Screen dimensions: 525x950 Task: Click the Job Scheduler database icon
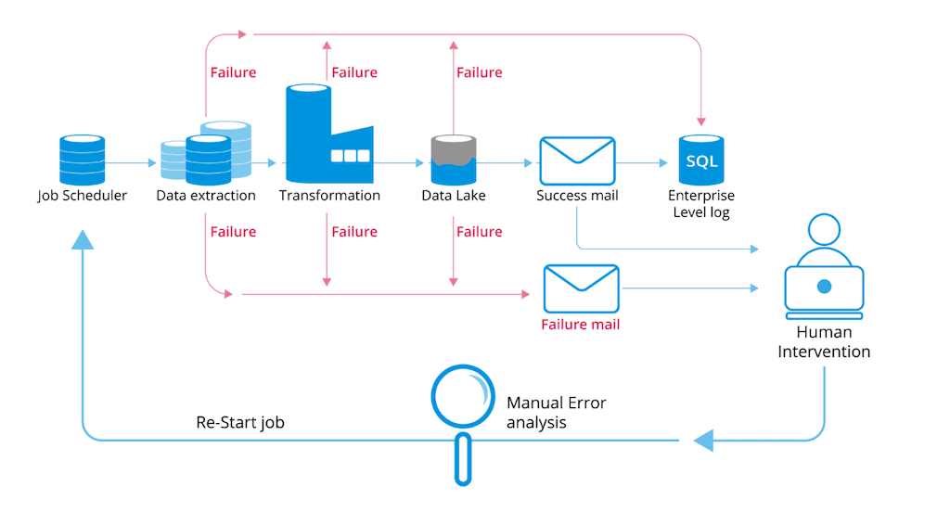point(83,160)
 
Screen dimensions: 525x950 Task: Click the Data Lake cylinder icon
point(453,160)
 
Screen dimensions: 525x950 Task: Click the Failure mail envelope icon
point(581,288)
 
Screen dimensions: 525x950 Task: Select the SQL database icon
point(700,160)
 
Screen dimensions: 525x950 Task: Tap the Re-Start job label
point(240,422)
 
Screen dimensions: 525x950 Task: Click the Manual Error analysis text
point(556,412)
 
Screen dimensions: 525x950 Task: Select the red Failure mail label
point(581,325)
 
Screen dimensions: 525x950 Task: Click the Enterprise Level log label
point(700,204)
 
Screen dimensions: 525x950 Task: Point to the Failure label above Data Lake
point(479,72)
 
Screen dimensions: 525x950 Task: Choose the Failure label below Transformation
point(354,232)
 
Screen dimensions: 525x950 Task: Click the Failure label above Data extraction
point(233,72)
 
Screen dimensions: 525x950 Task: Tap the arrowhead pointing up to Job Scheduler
point(83,240)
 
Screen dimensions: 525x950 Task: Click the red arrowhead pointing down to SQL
point(701,121)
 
